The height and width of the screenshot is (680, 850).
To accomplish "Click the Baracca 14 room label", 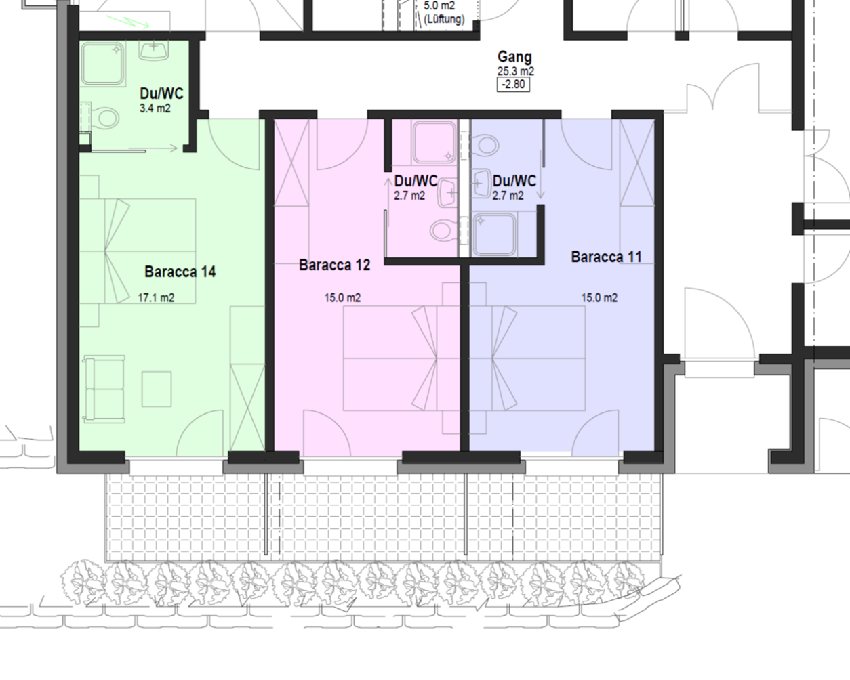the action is point(180,272).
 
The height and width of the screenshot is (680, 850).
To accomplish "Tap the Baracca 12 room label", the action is point(335,265).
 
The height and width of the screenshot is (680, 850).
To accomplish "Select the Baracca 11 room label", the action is point(606,257).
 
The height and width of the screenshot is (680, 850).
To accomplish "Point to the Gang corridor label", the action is point(514,57).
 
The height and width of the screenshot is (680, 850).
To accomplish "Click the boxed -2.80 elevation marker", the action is point(514,85).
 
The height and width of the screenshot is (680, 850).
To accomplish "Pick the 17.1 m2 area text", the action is point(156,297).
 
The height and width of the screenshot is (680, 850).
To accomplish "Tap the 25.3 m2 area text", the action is point(515,71).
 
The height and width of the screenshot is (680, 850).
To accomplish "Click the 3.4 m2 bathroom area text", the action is point(155,108).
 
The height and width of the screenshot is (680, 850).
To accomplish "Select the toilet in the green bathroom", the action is point(104,118).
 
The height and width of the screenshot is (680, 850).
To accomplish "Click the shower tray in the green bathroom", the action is point(103,64).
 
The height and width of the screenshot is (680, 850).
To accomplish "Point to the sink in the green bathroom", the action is point(154,50).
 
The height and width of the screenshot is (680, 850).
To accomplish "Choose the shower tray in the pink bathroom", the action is point(434,142).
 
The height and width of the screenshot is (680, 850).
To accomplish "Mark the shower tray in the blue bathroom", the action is point(495,234).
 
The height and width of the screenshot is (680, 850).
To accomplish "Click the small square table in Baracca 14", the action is point(157,389).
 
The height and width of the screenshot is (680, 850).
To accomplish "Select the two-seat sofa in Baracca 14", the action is point(104,389).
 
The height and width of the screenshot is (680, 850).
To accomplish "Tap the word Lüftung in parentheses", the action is point(444,19).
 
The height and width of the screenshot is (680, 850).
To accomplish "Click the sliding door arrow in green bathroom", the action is point(153,148).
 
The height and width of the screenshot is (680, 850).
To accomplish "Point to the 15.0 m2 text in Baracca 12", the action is point(342,297).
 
